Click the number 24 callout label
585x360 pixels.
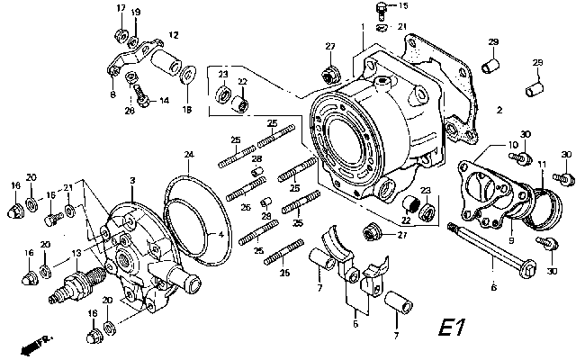click(189, 155)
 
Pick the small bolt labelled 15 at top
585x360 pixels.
click(380, 10)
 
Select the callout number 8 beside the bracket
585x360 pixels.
click(112, 94)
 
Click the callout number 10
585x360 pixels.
click(512, 144)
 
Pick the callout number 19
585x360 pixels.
click(137, 12)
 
